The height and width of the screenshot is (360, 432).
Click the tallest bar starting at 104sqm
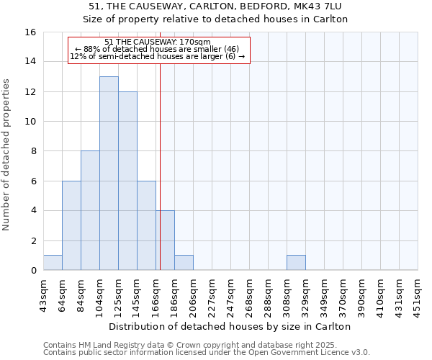pos(109,173)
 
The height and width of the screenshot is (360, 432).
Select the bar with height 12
pos(127,181)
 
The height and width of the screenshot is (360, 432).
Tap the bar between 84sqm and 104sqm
pos(90,210)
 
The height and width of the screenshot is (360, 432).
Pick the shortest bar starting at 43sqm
pos(53,263)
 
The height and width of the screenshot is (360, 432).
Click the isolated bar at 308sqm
pos(296,263)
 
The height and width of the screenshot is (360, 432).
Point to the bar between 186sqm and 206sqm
pos(184,263)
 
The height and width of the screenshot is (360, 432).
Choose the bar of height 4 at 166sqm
pos(166,240)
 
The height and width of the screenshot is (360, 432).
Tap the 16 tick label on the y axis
pos(30,32)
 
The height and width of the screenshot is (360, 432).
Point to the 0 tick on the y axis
pos(33,271)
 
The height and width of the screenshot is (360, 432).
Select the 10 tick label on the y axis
pos(30,122)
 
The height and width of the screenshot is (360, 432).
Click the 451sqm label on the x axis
pos(418,296)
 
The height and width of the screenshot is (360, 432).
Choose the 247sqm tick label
pos(230,296)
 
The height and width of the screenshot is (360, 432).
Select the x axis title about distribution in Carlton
pos(230,326)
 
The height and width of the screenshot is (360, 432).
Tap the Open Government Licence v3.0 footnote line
pos(207,353)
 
